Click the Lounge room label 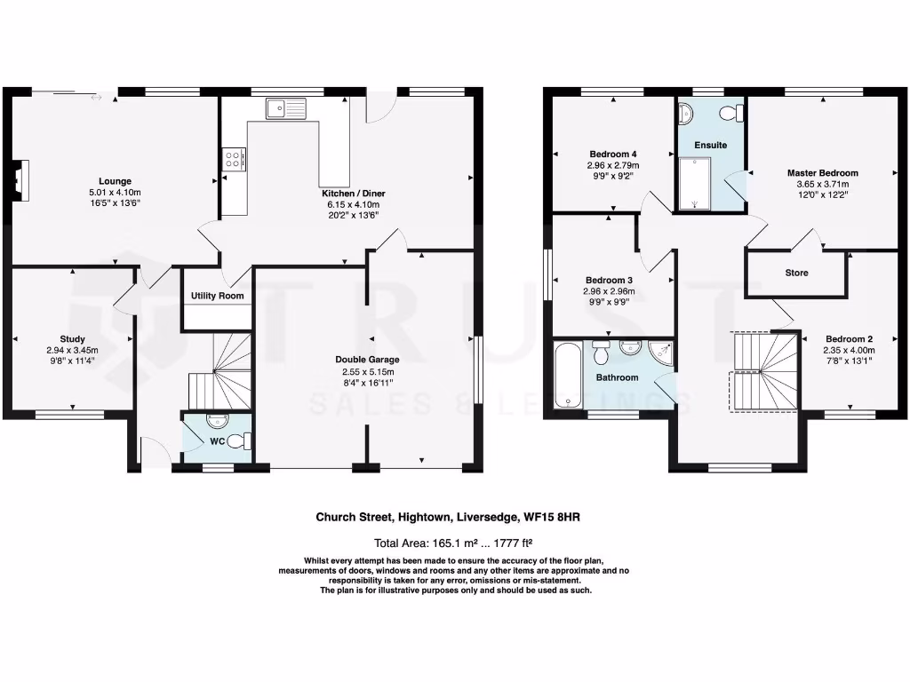(115, 181)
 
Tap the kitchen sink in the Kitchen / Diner (285, 108)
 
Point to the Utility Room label (217, 296)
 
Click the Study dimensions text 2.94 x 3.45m (72, 350)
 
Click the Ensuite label (710, 145)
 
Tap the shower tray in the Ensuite (695, 184)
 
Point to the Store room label (796, 273)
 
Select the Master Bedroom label (822, 173)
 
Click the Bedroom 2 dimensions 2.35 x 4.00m (849, 350)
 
